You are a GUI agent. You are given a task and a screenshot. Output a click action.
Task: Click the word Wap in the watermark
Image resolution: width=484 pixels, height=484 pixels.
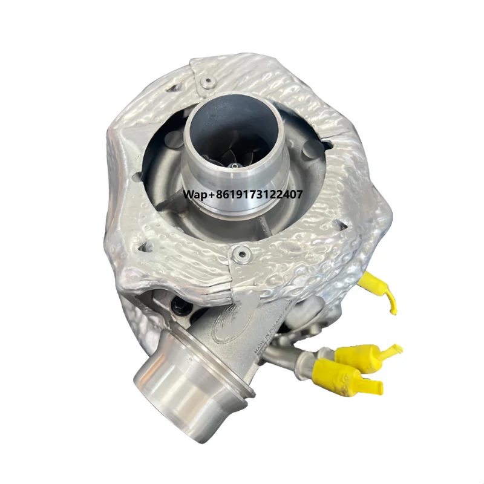click(195, 195)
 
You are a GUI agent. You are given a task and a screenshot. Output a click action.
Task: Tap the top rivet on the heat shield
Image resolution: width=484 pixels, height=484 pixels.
click(207, 81)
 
